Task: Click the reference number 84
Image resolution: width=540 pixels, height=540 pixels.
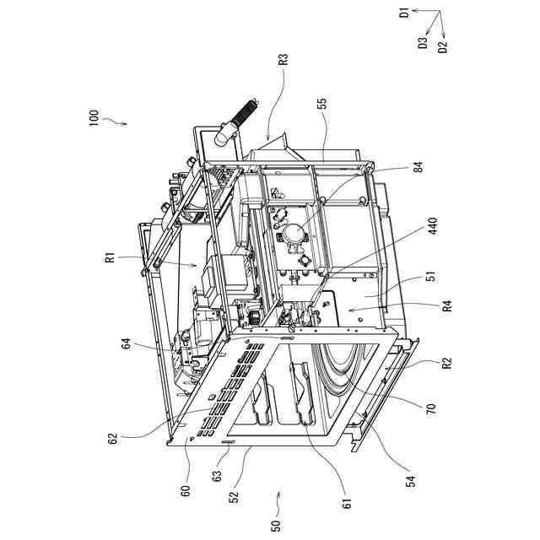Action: (418, 168)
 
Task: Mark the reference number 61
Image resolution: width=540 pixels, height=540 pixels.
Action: (347, 505)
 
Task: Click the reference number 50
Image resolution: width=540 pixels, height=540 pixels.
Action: (275, 525)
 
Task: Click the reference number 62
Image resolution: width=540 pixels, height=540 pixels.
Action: (112, 438)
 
